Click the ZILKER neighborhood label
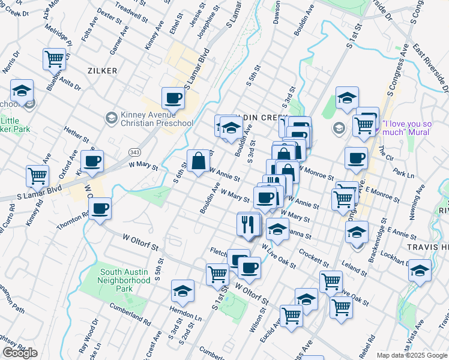pos(101,71)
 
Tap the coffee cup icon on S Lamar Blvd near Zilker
pos(173,97)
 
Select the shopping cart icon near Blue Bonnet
pos(54,59)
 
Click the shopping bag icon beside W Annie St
pos(199,160)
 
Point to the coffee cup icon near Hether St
pos(92,161)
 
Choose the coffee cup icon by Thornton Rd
pos(100,208)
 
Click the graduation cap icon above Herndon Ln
pos(182,291)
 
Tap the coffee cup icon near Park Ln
pos(356,158)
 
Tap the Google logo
pos(20,353)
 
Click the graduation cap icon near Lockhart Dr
pos(420,271)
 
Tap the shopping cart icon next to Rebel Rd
pos(340,307)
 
